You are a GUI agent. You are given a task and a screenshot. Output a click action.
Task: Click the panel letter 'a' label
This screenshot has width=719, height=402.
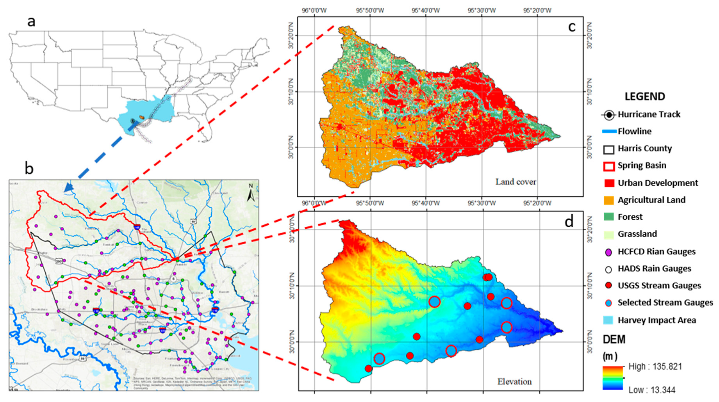[x=31, y=22]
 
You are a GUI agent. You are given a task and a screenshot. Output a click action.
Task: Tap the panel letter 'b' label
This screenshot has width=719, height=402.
[x=29, y=168]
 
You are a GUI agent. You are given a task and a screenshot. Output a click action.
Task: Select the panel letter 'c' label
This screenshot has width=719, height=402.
[x=572, y=27]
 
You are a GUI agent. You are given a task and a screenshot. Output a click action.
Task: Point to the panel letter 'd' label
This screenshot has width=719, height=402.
[x=569, y=221]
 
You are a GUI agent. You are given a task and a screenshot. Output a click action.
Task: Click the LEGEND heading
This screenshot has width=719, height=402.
[x=644, y=96]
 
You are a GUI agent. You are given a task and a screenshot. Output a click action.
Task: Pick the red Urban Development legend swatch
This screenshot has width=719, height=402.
[x=609, y=183]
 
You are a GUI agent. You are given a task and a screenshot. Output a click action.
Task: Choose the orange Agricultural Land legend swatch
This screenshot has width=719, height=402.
[x=609, y=200]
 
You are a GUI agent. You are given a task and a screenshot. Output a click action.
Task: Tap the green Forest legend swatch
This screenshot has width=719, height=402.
[x=609, y=217]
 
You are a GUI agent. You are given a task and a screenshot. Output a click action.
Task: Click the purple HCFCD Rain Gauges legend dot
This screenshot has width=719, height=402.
[x=608, y=252]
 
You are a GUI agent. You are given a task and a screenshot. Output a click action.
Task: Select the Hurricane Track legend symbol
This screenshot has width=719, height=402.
[x=608, y=115]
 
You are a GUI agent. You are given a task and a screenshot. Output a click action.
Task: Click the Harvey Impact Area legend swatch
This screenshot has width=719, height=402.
[x=608, y=320]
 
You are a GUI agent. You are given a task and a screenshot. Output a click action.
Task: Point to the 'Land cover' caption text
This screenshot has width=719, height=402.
[x=516, y=182]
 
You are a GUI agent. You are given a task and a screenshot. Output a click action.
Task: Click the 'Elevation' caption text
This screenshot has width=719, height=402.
[x=514, y=382]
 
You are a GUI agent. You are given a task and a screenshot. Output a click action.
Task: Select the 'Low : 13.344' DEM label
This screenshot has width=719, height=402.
[x=651, y=390]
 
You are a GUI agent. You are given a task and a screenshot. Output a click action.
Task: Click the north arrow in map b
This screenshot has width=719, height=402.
[x=251, y=193]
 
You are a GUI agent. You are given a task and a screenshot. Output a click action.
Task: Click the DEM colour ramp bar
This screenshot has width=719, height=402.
[x=613, y=378]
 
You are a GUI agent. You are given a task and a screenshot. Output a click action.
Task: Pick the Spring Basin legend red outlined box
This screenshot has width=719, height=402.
[x=609, y=166]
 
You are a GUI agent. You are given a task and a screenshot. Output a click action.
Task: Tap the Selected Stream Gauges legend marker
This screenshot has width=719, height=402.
[x=608, y=303]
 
